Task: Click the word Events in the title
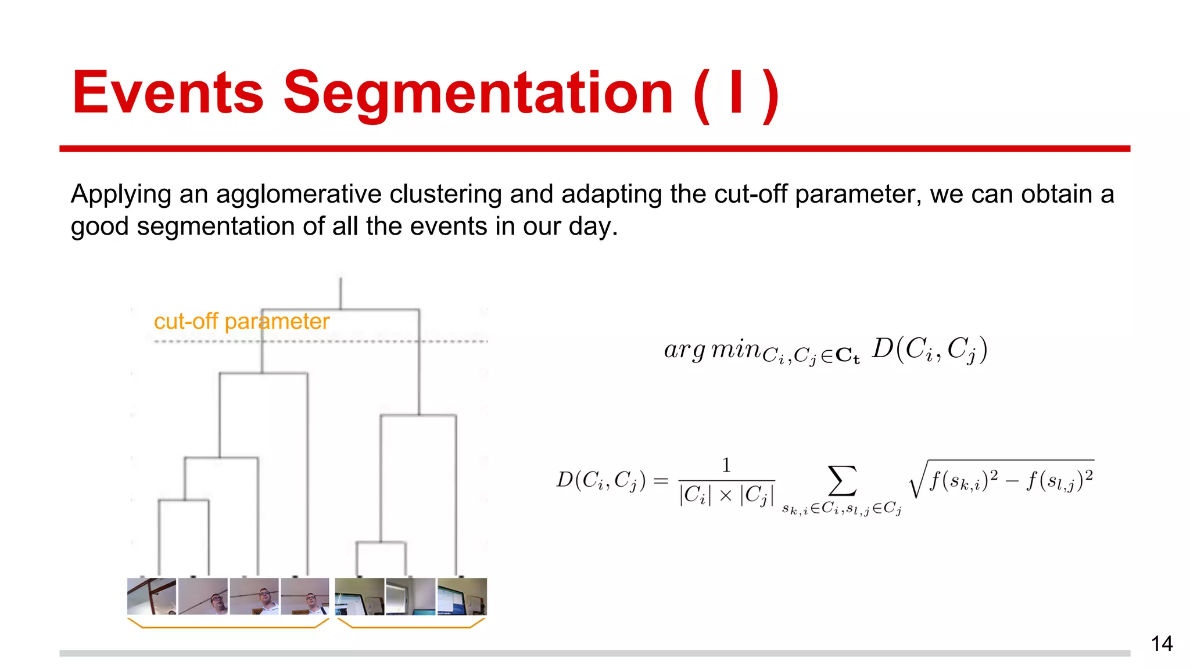coord(168,93)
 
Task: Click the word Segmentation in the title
coord(478,93)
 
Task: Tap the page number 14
coord(1162,643)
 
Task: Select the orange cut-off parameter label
coord(241,321)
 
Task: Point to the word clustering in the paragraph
coord(446,194)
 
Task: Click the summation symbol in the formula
coord(842,481)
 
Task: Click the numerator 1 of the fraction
coord(726,465)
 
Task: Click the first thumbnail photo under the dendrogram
coord(152,596)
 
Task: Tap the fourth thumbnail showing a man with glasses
coord(305,596)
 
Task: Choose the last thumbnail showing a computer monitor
coord(462,596)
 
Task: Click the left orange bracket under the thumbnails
coord(228,626)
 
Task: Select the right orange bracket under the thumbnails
coord(411,626)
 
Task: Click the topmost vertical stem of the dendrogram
coord(340,293)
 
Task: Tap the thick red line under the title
coord(594,149)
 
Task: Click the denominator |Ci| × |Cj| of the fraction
coord(726,495)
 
